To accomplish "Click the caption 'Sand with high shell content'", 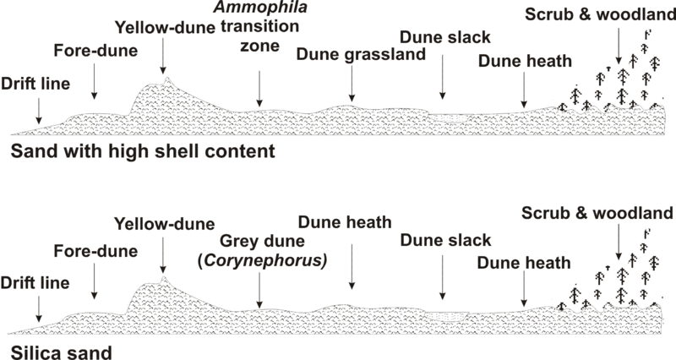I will click(144, 152).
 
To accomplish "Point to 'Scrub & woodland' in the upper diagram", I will click(598, 15).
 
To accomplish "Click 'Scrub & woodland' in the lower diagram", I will click(597, 211).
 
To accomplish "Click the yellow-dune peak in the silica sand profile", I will click(164, 276).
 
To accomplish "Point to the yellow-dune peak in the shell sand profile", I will click(168, 79).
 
